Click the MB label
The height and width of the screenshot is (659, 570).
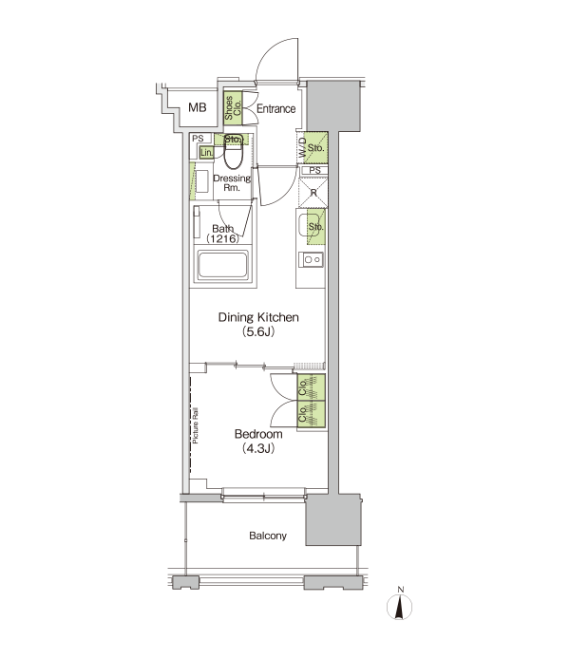tap(198, 107)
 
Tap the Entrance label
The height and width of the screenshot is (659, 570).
tap(275, 109)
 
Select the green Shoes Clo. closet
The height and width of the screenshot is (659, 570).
tap(233, 108)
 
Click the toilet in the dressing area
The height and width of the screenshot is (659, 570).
tap(234, 152)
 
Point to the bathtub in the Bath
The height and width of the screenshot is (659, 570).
tap(223, 265)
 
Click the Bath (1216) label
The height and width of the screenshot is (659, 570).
tap(223, 234)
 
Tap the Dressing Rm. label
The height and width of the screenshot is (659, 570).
tap(232, 183)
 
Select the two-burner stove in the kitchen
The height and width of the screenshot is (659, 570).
tap(311, 260)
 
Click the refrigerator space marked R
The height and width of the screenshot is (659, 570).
tap(313, 193)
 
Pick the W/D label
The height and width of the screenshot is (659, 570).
tap(303, 148)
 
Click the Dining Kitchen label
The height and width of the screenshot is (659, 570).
tap(258, 317)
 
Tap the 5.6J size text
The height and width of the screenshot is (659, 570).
tap(258, 332)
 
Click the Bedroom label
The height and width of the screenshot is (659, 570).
tap(258, 434)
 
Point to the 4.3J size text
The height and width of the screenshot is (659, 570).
tap(258, 448)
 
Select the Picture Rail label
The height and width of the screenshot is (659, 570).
tap(196, 426)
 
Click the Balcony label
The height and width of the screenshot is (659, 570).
tap(268, 536)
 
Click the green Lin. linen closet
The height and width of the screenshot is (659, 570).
tap(206, 153)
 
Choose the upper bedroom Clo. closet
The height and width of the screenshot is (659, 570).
tap(311, 387)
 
